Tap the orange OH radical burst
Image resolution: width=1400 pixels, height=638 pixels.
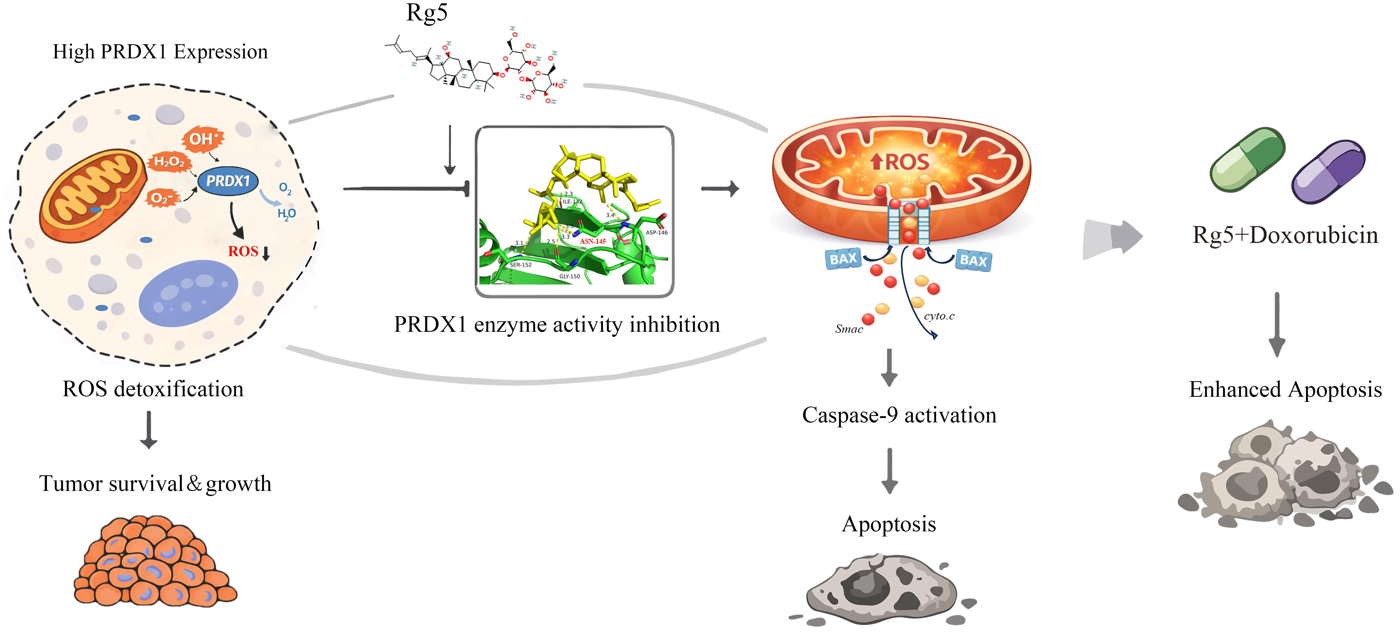[203, 139]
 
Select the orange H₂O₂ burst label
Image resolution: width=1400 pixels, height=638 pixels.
[169, 162]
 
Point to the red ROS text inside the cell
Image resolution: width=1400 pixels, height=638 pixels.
[243, 251]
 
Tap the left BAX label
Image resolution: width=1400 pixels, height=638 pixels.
[843, 259]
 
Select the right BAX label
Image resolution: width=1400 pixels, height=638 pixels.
[973, 261]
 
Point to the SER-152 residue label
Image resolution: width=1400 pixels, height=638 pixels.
[521, 265]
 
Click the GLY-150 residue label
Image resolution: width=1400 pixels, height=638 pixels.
[570, 276]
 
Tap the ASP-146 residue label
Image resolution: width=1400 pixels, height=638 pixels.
[656, 232]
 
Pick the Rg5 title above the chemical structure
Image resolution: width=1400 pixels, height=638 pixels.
[427, 13]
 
